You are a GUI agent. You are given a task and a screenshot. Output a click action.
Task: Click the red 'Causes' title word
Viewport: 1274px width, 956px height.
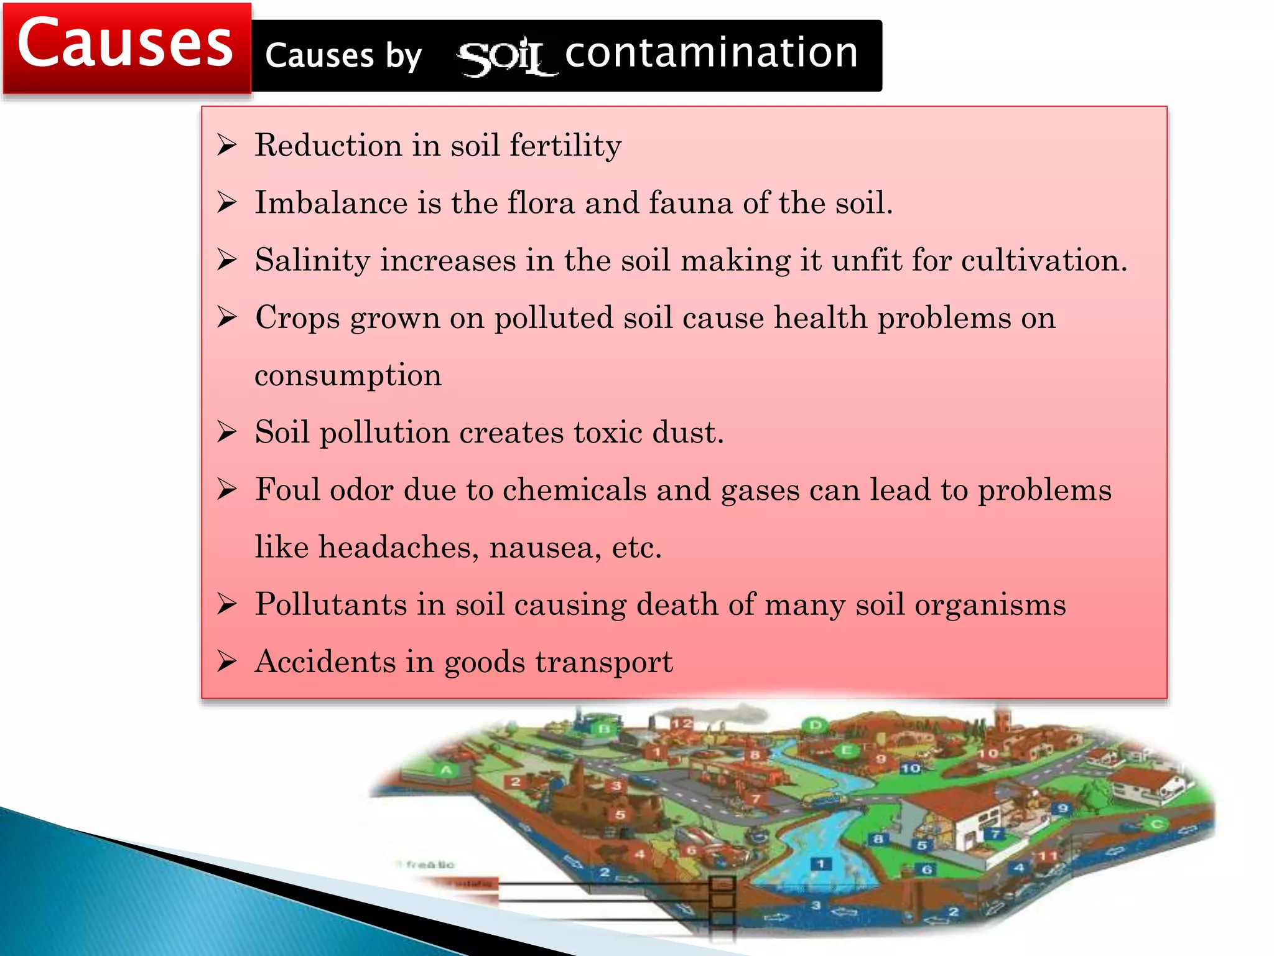(x=125, y=44)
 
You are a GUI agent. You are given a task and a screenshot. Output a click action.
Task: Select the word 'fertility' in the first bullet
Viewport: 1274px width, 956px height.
(x=565, y=146)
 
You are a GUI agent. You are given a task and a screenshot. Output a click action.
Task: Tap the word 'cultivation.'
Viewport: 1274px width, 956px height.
(x=1044, y=260)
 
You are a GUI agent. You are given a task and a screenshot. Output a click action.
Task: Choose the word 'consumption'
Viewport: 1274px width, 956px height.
(x=348, y=375)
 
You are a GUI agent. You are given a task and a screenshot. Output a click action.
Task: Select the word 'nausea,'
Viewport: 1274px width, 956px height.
(x=546, y=547)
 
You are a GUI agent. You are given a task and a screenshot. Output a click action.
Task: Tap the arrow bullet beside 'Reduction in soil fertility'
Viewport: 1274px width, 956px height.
(x=227, y=145)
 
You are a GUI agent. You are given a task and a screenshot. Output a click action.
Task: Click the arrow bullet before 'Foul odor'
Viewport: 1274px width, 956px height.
(x=227, y=490)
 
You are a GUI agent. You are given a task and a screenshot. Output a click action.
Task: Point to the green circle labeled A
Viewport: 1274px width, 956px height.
(x=447, y=771)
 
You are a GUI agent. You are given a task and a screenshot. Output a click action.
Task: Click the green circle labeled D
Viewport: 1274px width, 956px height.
(x=815, y=725)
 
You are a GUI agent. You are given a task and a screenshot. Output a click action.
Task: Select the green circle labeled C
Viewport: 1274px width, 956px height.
(x=1156, y=824)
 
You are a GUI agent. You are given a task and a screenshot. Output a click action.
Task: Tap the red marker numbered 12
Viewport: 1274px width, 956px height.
(x=681, y=724)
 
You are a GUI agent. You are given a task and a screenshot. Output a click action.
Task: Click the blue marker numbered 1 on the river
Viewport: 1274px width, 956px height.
(x=821, y=864)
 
